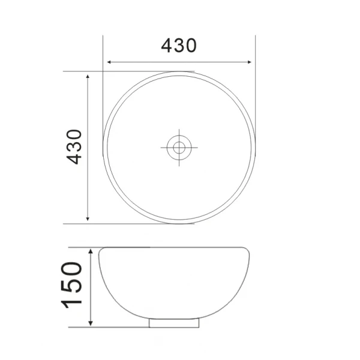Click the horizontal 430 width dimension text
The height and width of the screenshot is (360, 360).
tap(179, 45)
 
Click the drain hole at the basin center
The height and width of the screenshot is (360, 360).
tap(178, 146)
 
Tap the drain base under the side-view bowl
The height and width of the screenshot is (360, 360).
tap(173, 323)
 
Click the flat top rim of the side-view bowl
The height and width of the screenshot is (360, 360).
tap(174, 247)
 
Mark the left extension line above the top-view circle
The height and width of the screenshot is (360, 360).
tap(103, 51)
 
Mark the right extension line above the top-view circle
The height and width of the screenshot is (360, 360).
tap(255, 51)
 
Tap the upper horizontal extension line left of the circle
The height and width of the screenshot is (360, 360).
tap(84, 71)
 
